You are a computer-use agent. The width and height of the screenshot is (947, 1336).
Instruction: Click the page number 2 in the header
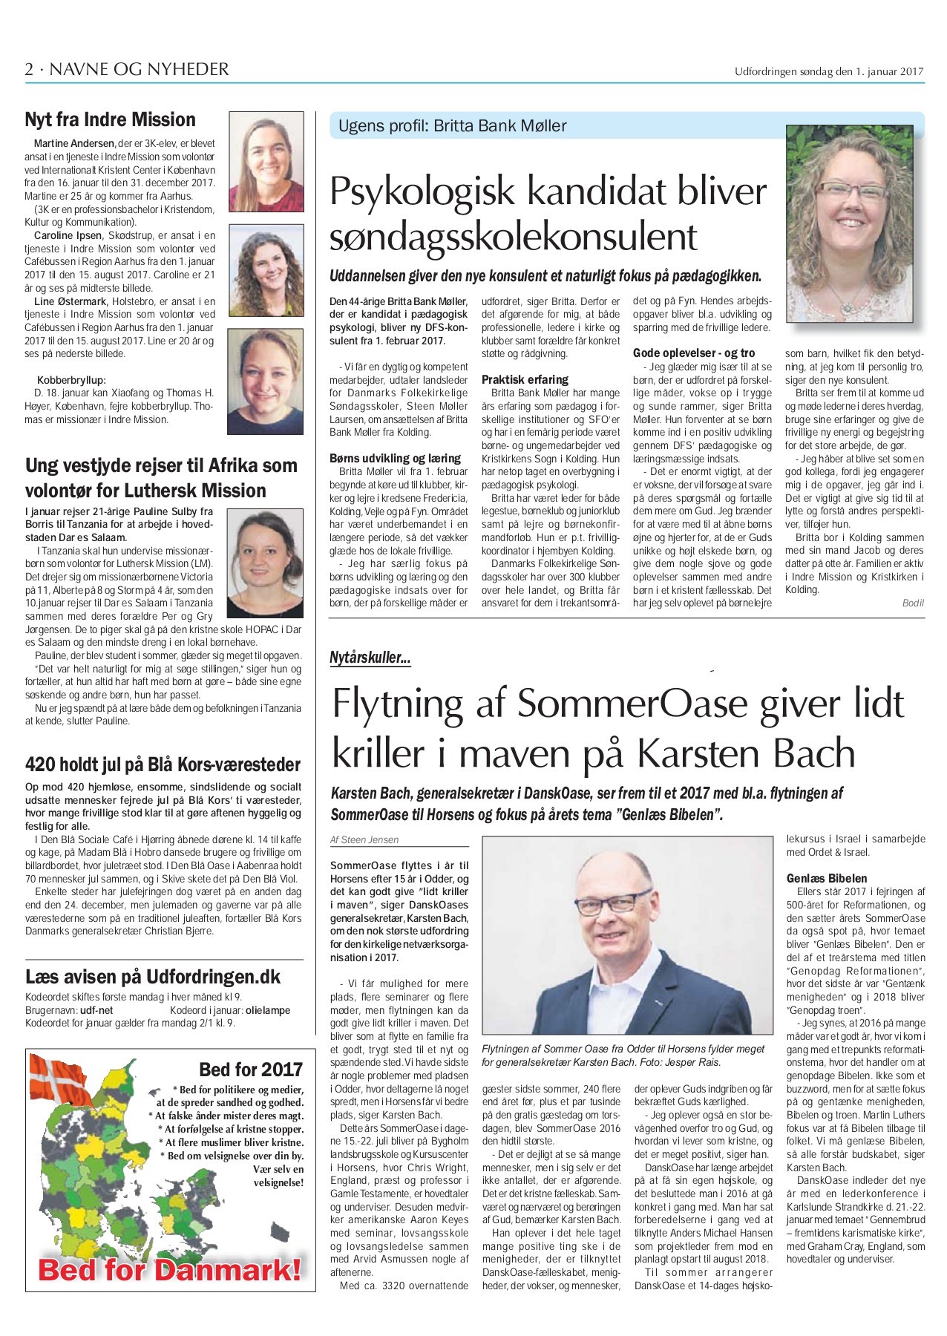29,70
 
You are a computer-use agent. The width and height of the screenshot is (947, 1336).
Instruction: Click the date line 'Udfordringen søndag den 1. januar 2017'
828,72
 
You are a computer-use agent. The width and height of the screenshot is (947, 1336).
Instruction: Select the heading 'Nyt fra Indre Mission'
110,120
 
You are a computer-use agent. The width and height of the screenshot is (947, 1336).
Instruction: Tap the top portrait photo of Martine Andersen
266,162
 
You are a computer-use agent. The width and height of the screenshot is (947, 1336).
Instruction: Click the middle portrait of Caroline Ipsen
266,272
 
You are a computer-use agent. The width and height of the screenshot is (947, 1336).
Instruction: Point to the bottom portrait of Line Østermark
265,382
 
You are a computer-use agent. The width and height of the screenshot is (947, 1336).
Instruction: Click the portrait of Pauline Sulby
264,563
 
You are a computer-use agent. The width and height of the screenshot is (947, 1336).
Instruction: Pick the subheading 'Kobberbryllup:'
71,380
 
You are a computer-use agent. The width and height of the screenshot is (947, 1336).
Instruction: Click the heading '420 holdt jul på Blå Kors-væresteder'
163,765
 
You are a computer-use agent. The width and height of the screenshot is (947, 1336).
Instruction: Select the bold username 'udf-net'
96,1010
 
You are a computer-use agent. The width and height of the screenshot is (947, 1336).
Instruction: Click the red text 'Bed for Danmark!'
170,1269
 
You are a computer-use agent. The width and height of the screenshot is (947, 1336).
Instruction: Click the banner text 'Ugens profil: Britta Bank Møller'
452,126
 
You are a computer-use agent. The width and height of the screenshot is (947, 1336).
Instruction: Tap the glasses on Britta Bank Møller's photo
851,193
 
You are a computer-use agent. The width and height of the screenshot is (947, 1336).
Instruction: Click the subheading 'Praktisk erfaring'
525,379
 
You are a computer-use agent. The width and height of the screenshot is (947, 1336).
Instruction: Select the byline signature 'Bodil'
913,603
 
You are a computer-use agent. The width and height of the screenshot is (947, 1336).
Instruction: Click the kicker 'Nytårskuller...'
370,658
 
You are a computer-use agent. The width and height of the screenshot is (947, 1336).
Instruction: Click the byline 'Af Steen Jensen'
364,840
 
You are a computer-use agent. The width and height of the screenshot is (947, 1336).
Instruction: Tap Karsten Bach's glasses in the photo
606,905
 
